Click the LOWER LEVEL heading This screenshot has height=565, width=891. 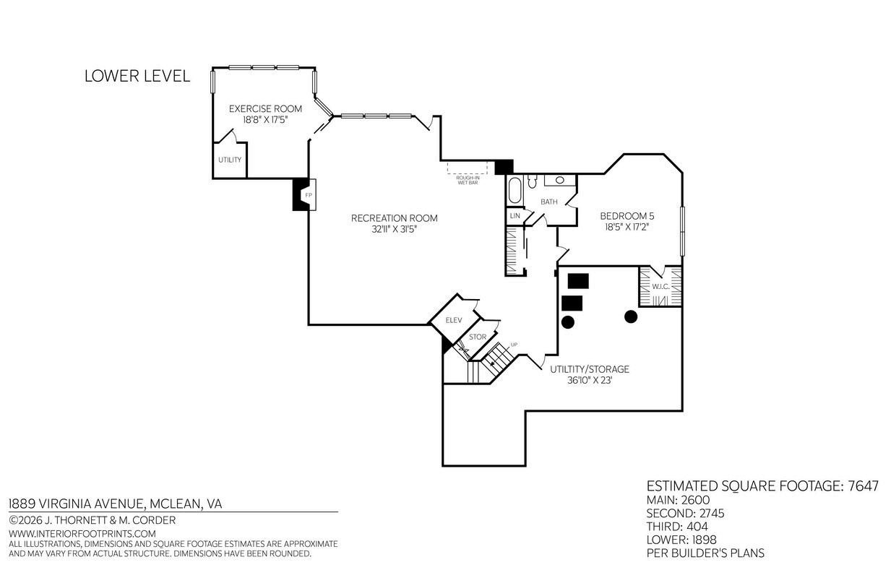[137, 76]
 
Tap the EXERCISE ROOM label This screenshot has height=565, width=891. [265, 108]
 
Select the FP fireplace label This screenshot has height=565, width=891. [309, 195]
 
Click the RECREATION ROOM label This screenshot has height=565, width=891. [394, 218]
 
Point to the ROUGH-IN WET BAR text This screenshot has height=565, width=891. [468, 180]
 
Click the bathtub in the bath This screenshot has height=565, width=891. [515, 191]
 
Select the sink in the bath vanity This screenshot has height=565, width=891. [559, 180]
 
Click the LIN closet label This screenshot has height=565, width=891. [515, 216]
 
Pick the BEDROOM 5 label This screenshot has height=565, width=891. [627, 216]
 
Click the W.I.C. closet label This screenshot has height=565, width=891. [660, 287]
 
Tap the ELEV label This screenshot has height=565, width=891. [454, 320]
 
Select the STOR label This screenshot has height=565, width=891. [478, 337]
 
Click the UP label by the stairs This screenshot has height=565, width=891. [514, 345]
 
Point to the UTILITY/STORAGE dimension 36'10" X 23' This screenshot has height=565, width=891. [589, 381]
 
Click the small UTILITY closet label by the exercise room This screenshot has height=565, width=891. [230, 160]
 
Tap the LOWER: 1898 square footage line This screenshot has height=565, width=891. [681, 540]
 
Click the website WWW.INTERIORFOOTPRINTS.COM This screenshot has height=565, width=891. [82, 534]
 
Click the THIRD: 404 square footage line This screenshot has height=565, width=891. [677, 527]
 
